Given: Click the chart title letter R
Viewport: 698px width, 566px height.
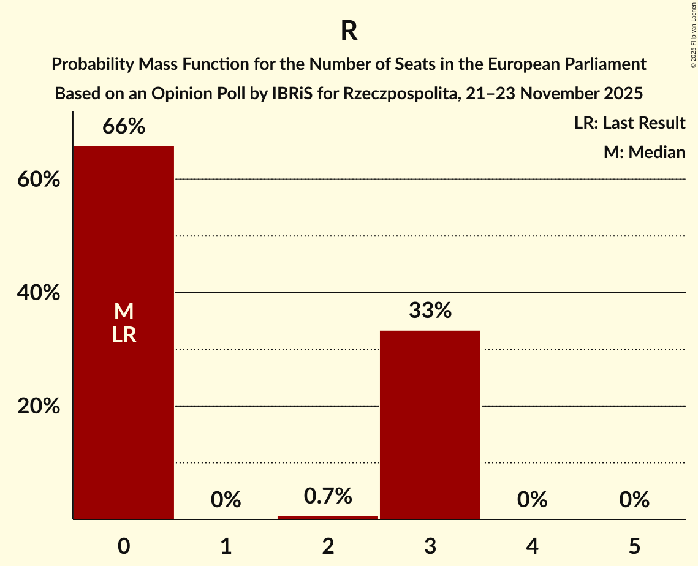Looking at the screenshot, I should click(349, 32).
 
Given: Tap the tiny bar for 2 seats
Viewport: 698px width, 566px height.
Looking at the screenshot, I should click(328, 518).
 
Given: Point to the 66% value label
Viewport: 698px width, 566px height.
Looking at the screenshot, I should click(124, 127).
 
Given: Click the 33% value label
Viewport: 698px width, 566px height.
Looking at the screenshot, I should click(430, 311).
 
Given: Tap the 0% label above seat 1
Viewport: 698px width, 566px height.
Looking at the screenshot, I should click(226, 500).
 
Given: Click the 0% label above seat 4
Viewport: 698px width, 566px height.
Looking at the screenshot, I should click(532, 500).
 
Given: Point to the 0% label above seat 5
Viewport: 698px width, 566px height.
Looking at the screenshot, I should click(634, 500).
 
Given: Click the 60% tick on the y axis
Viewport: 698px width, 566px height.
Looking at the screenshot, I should click(39, 180).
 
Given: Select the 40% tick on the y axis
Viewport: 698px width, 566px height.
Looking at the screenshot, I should click(39, 293).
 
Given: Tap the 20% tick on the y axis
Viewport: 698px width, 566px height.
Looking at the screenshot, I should click(39, 407).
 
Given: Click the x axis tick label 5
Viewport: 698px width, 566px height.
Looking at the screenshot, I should click(634, 546).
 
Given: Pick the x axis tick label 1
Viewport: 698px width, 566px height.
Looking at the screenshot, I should click(226, 546).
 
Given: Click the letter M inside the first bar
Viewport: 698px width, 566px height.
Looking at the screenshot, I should click(124, 312).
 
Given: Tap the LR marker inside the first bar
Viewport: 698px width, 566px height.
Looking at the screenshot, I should click(124, 335).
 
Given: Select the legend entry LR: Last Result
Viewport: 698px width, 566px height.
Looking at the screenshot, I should click(629, 123).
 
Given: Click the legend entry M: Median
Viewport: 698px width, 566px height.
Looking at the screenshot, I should click(644, 152).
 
